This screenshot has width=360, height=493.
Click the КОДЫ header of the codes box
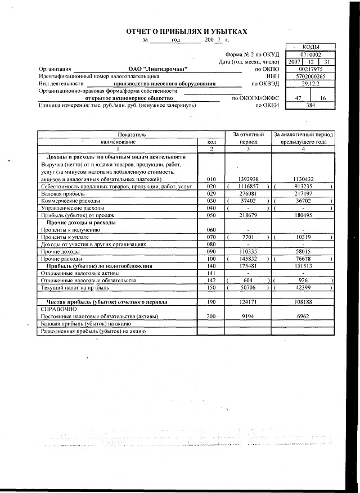coord(310,47)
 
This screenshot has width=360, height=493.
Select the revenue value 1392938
coord(247,179)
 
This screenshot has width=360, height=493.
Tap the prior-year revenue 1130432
coord(303,179)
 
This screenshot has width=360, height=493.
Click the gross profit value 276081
coord(247,193)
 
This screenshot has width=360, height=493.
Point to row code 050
coord(211,215)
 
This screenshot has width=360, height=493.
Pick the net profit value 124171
coord(247,302)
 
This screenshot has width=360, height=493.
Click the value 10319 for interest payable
coord(303,237)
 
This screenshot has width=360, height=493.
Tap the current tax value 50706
coord(247,288)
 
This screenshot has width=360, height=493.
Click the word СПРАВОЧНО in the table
coord(56,310)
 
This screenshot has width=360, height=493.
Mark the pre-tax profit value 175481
coord(247,266)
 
